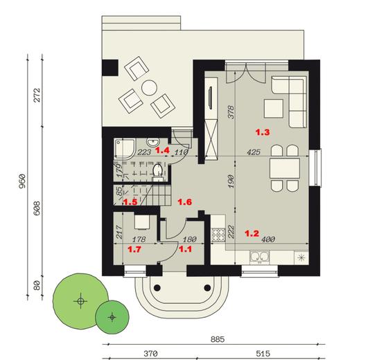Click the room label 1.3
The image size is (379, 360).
[x=262, y=131]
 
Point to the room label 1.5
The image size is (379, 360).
[x=130, y=203]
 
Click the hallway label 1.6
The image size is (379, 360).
[x=184, y=202]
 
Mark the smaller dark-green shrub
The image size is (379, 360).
[x=112, y=317]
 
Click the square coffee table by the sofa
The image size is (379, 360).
[x=272, y=107]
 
